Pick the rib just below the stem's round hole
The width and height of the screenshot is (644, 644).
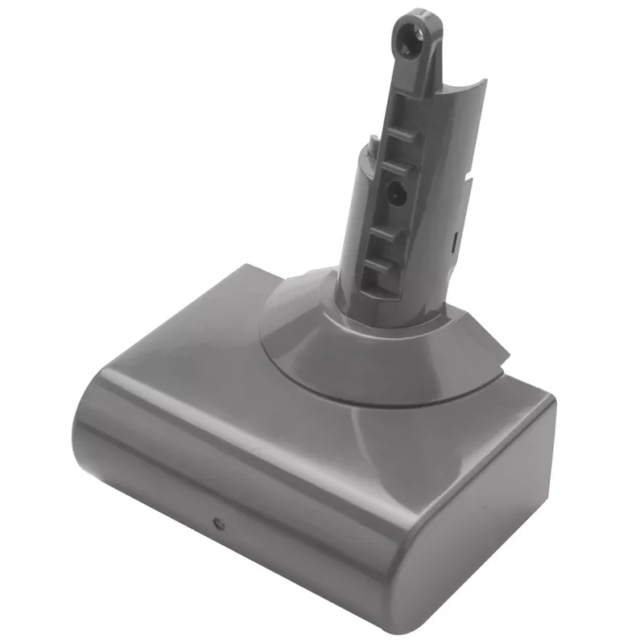click(388, 233)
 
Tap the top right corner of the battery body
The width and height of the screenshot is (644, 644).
click(547, 402)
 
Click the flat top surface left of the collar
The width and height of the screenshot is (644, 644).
click(201, 338)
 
